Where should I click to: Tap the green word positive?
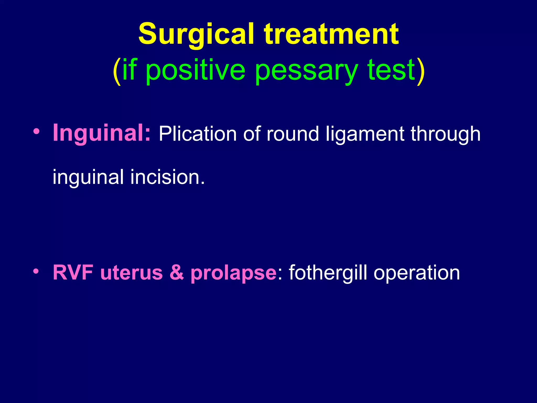point(195,70)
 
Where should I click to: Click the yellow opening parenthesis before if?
point(117,71)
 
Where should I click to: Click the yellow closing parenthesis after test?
point(420,71)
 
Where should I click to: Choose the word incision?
point(167,177)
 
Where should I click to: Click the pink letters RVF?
point(73,273)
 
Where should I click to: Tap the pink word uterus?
point(131,273)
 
